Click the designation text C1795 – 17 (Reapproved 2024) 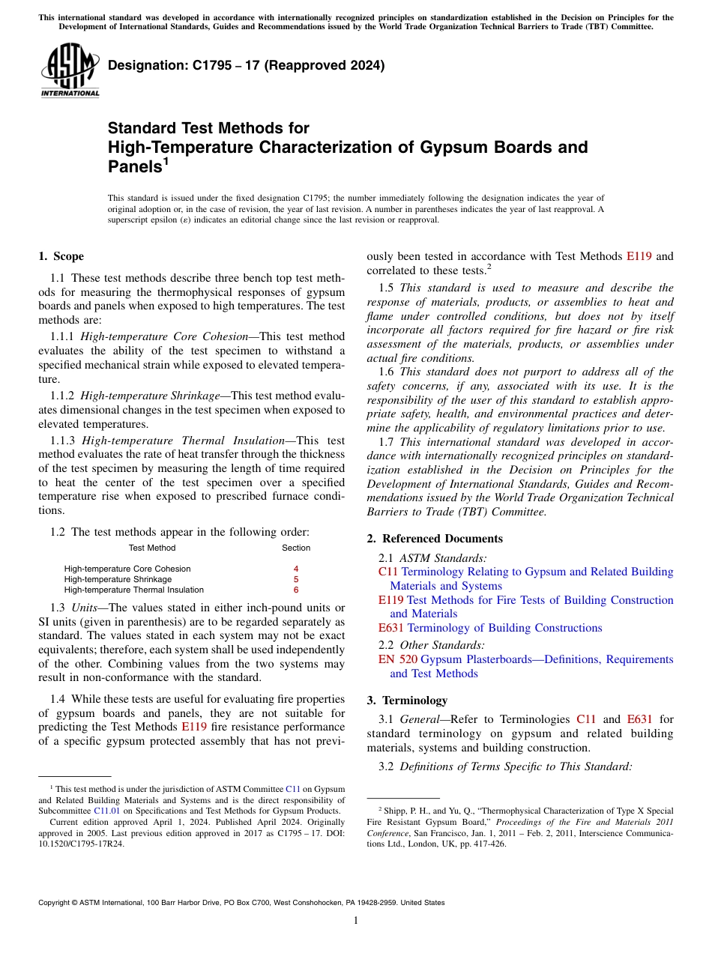click(x=246, y=65)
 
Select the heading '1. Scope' click(x=61, y=256)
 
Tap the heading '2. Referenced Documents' click(x=434, y=539)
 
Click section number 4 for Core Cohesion click(x=296, y=569)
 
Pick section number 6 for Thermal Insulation click(x=296, y=590)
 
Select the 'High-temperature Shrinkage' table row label click(x=118, y=579)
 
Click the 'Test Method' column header click(x=152, y=548)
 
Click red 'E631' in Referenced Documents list click(x=391, y=628)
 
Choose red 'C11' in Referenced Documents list click(x=388, y=572)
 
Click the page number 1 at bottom click(x=356, y=920)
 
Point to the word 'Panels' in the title click(x=135, y=166)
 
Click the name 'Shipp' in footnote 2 click(x=395, y=811)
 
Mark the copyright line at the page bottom click(x=241, y=903)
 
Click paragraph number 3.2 click(x=387, y=766)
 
